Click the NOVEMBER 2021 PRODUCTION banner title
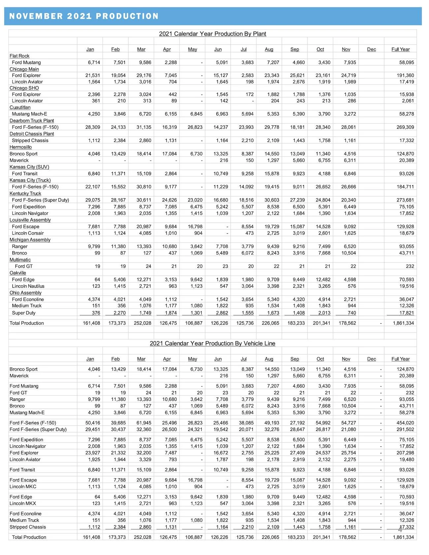click(x=84, y=16)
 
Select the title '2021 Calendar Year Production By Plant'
click(x=213, y=34)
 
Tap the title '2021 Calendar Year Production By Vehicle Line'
click(x=213, y=343)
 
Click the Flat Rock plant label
click(x=19, y=56)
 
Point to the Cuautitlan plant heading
click(x=20, y=107)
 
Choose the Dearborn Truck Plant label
click(x=32, y=120)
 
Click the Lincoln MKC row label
click(x=23, y=486)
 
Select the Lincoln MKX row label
click(x=23, y=503)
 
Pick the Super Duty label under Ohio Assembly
click(x=24, y=313)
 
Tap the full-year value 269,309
click(x=405, y=127)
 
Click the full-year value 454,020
click(x=405, y=423)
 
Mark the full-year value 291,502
click(x=405, y=429)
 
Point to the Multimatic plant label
click(x=20, y=260)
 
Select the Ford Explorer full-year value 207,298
click(x=405, y=453)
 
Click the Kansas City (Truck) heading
click(x=30, y=180)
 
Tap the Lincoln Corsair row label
click(x=28, y=233)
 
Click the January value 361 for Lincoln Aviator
click(x=96, y=101)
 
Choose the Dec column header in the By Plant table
click(x=372, y=49)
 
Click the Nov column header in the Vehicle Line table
click(x=346, y=359)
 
